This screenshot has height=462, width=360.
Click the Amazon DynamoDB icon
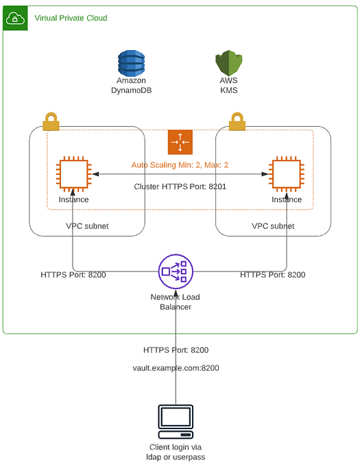tap(131, 63)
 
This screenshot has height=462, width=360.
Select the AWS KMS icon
tap(228, 63)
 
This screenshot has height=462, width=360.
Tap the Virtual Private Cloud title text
tap(71, 18)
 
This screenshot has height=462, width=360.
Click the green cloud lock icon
tap(15, 18)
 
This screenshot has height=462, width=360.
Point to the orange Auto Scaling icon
tap(180, 142)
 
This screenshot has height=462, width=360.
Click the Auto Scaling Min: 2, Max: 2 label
tap(180, 165)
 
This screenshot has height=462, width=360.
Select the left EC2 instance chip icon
tap(73, 174)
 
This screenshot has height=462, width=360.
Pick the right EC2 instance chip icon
tap(287, 174)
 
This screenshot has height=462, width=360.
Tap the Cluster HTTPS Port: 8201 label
tap(180, 186)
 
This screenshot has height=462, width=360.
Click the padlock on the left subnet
tap(51, 121)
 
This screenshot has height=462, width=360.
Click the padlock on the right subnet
tap(237, 121)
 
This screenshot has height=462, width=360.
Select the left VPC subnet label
tap(87, 226)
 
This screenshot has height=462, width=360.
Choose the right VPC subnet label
tap(273, 226)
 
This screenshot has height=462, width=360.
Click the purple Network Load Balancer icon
tap(176, 271)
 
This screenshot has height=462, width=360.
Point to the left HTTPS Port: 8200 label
tap(73, 275)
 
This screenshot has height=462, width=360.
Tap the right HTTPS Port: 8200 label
tap(273, 275)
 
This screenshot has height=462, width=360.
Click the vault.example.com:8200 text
tap(176, 368)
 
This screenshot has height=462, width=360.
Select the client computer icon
tap(176, 422)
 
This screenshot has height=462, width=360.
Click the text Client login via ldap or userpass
tap(176, 452)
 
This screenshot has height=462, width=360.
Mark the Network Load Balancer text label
tap(176, 302)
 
